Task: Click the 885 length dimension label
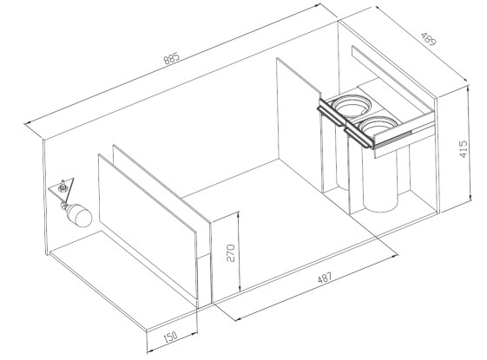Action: pos(172,58)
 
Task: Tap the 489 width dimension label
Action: pos(429,38)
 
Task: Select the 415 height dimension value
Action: pos(463,149)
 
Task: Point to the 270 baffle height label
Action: pos(230,253)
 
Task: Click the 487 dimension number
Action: pos(325,278)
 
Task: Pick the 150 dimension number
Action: pos(170,337)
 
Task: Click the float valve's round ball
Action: pos(80,216)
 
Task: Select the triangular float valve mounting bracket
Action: pos(63,187)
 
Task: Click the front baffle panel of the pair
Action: pos(148,226)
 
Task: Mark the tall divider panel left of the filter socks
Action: pos(299,124)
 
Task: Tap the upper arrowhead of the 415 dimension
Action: pos(470,88)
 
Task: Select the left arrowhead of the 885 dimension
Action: pos(27,123)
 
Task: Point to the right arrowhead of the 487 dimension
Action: pos(395,255)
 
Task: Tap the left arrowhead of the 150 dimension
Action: pos(150,351)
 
